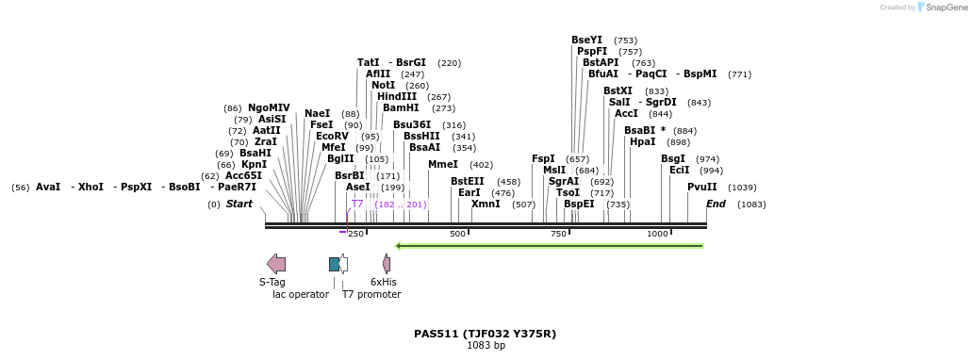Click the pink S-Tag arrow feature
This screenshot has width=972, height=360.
point(276,264)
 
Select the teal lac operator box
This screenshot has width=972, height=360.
point(334,264)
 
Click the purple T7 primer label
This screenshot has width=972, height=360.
point(357,204)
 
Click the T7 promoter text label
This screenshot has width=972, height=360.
point(371,294)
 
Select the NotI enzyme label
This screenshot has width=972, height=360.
point(383,86)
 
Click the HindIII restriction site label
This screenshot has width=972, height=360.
point(397,97)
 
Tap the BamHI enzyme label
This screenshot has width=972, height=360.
point(401,108)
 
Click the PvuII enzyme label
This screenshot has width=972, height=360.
point(701,188)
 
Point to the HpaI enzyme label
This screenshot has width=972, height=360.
point(642,142)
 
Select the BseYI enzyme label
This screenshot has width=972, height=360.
point(586,41)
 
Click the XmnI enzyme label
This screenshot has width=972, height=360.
point(486,205)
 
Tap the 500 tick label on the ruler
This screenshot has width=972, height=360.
point(457,234)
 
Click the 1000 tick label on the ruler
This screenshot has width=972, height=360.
point(657,234)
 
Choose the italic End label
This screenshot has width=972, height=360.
point(716,205)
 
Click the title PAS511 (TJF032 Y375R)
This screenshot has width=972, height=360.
point(485,334)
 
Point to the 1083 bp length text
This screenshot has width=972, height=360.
point(486,346)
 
